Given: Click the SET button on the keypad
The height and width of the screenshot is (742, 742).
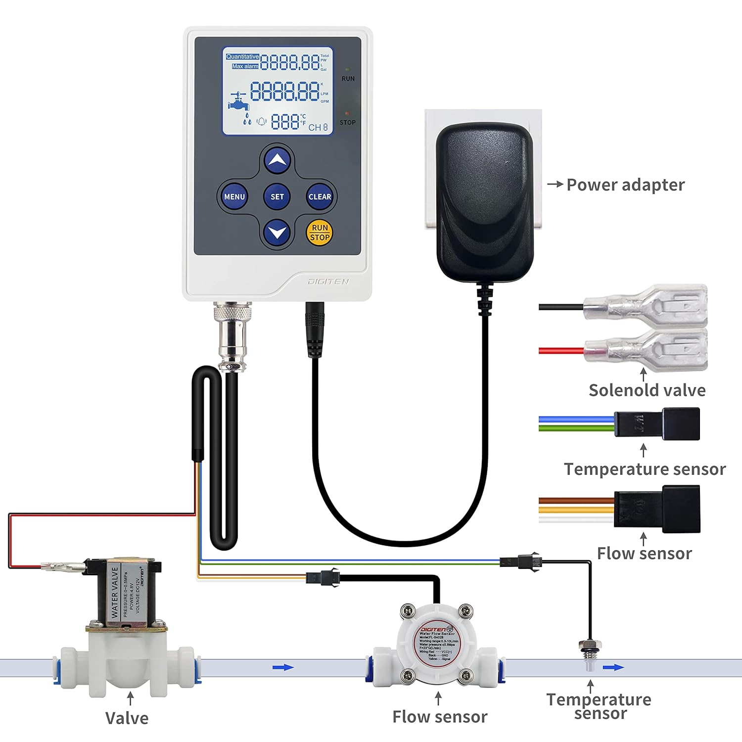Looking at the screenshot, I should point(277,196).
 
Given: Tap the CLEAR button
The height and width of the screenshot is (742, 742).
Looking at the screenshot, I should point(320,196).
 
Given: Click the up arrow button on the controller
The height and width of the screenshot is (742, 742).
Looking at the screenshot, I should point(277,160).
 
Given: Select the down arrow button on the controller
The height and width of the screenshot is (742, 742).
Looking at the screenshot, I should point(277,232).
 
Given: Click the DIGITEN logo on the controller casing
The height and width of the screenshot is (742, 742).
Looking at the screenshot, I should point(328,281).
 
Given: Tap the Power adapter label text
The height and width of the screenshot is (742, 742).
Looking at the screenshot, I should point(625,185).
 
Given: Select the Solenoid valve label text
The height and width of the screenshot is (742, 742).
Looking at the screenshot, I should point(647,390).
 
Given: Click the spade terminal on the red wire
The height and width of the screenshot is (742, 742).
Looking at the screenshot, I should point(646,350).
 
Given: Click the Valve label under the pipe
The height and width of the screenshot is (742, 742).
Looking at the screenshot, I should point(127,718).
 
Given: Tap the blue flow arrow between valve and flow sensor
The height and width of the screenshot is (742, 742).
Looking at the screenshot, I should point(283,667).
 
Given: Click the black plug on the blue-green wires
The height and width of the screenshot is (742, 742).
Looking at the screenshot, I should point(657,424).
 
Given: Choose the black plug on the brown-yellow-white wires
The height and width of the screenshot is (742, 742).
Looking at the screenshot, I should point(657,509).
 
